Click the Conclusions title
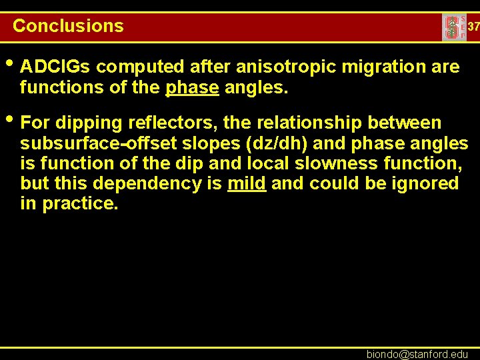click(68, 26)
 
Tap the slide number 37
click(473, 27)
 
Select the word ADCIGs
click(56, 67)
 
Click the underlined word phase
click(193, 87)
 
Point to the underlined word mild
click(247, 183)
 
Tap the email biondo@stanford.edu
click(417, 354)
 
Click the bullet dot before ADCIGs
click(9, 65)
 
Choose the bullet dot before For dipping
click(9, 121)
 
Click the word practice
click(80, 203)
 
